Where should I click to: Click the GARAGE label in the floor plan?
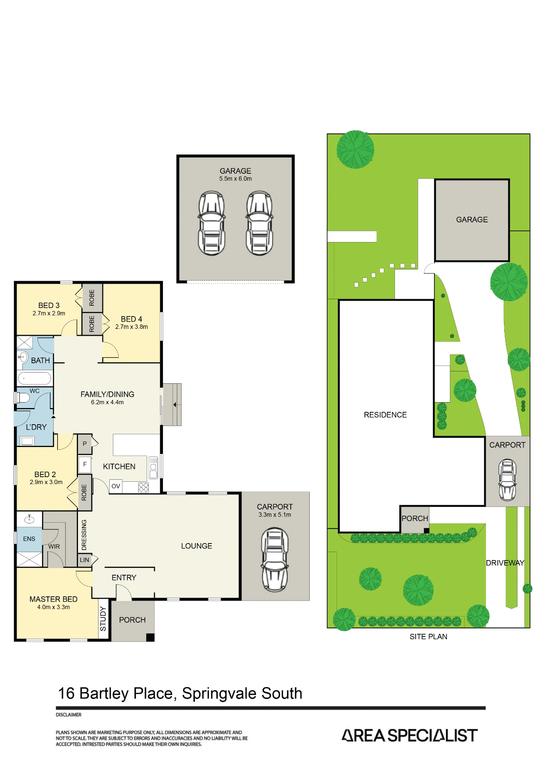[235, 171]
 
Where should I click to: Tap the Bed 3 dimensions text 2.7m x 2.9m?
[49, 313]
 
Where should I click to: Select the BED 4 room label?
[131, 319]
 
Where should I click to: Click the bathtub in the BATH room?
[34, 378]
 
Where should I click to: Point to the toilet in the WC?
[22, 398]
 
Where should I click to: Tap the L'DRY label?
[36, 427]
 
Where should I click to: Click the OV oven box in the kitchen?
[116, 486]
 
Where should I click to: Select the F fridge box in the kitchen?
[85, 464]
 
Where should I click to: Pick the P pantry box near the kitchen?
[85, 444]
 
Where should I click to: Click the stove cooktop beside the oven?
[143, 487]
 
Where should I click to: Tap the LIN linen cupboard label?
[84, 560]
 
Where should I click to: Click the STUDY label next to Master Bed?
[103, 619]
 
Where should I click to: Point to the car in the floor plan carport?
[275, 560]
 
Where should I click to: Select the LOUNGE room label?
[197, 546]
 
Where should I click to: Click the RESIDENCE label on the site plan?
[385, 415]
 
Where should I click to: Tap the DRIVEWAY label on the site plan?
[505, 563]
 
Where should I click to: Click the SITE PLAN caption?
[428, 637]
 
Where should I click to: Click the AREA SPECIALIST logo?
[410, 735]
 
